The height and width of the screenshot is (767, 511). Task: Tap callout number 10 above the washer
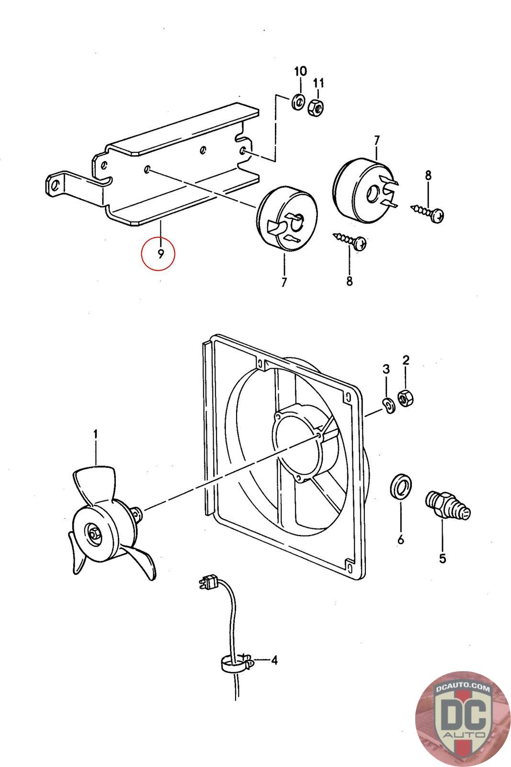coord(300,72)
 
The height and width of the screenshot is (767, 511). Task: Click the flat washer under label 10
coord(299,102)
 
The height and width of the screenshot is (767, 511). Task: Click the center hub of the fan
coord(92,532)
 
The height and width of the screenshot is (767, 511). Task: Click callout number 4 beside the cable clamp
coord(274,660)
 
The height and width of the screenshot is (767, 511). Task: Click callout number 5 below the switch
coord(442,558)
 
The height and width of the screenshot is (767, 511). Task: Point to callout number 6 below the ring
coord(400,540)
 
